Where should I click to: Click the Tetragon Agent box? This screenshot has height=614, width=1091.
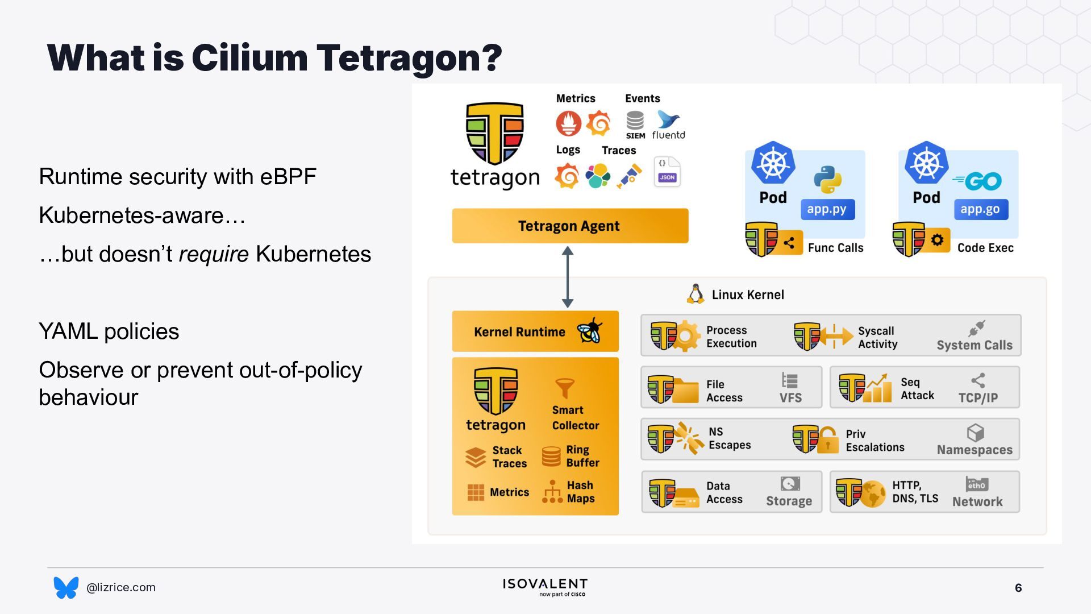570,226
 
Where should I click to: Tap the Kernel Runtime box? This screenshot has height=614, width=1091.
535,331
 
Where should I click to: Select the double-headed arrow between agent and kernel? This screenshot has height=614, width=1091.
568,277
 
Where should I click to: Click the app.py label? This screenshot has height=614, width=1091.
827,209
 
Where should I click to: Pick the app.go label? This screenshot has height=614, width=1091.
981,209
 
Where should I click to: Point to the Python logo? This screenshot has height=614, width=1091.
827,180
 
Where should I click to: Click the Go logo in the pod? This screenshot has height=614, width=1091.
977,181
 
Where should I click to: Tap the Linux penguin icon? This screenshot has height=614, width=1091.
695,294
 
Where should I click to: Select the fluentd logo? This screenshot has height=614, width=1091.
668,125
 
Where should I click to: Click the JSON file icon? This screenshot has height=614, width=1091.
667,172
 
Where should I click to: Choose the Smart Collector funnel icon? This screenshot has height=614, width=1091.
565,388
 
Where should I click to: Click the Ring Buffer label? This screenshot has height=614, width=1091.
582,456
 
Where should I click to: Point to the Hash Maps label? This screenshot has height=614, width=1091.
581,492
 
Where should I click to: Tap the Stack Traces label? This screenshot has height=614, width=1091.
510,457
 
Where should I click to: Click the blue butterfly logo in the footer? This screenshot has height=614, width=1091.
66,587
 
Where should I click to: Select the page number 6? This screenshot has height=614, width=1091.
1018,588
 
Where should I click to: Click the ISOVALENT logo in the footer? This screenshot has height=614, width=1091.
545,587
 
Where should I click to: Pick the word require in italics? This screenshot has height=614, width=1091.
214,254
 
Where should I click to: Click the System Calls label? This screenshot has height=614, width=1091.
975,345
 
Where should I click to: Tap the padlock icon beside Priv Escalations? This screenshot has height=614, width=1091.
827,440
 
